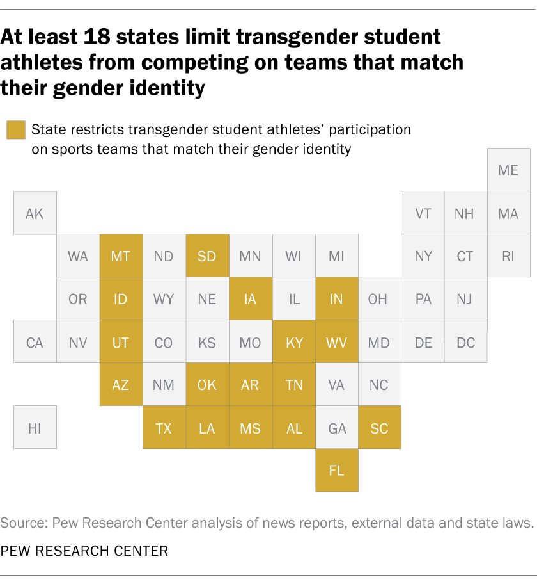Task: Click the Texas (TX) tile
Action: [x=164, y=428]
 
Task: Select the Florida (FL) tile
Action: [x=336, y=471]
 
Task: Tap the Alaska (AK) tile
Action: [x=35, y=213]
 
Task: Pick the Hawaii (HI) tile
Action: [x=35, y=428]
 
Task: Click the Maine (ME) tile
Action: [x=508, y=170]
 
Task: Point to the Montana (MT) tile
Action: [x=121, y=256]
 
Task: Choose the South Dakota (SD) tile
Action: [x=207, y=256]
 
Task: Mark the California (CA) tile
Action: [x=35, y=342]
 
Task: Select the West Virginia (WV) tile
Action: [x=336, y=342]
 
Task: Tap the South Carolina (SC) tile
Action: [x=379, y=428]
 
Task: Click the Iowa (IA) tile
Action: [x=250, y=299]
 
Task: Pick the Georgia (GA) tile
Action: [x=336, y=428]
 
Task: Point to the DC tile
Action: [x=465, y=342]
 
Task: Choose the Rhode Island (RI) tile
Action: [x=508, y=256]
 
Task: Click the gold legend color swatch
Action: [x=15, y=130]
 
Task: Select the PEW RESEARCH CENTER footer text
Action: [x=84, y=551]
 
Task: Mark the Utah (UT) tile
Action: [x=121, y=342]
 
